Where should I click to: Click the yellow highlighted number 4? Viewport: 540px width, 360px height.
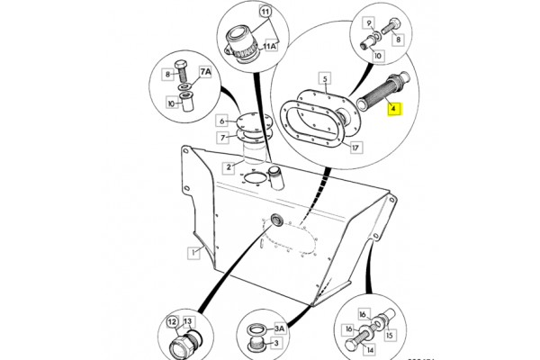[393, 112]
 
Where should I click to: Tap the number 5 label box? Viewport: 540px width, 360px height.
[325, 79]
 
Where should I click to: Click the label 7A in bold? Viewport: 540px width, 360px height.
[206, 72]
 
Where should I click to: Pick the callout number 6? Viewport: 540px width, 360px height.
[221, 121]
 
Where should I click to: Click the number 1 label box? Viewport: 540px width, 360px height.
[192, 253]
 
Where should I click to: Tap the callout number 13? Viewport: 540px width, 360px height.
[188, 323]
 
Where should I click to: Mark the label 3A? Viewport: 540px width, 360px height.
[279, 328]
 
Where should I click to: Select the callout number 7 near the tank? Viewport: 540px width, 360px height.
[221, 137]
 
